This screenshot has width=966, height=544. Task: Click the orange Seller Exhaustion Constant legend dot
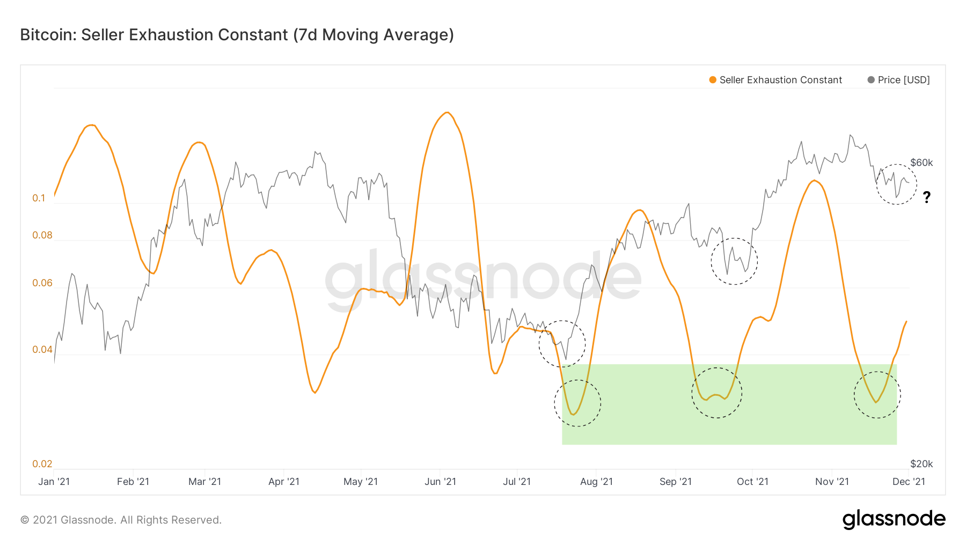pos(713,80)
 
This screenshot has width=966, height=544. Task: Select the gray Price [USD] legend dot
pos(871,80)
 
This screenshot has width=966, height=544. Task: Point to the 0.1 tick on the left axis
pos(39,198)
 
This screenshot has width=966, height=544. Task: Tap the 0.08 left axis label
pos(42,235)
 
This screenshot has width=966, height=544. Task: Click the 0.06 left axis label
pos(42,283)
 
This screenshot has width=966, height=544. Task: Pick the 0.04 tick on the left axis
pos(42,350)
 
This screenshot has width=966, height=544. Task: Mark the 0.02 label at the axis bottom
pos(42,464)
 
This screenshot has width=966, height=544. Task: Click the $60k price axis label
pos(921,163)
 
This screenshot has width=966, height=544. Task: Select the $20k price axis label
pos(921,464)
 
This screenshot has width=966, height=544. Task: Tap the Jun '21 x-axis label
pos(440,482)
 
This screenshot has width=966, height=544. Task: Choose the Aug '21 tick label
pos(596,482)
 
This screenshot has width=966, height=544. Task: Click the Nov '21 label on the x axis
pos(832,482)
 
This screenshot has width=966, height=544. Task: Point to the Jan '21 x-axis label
pos(54,482)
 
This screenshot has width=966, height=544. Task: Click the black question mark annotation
pos(927,198)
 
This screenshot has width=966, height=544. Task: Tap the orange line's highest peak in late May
pos(447,112)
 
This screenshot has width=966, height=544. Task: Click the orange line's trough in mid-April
pos(314,393)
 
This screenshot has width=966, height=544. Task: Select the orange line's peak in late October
pos(815,180)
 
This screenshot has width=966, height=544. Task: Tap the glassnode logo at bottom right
pos(894,519)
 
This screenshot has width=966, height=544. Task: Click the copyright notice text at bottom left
pos(121,520)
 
